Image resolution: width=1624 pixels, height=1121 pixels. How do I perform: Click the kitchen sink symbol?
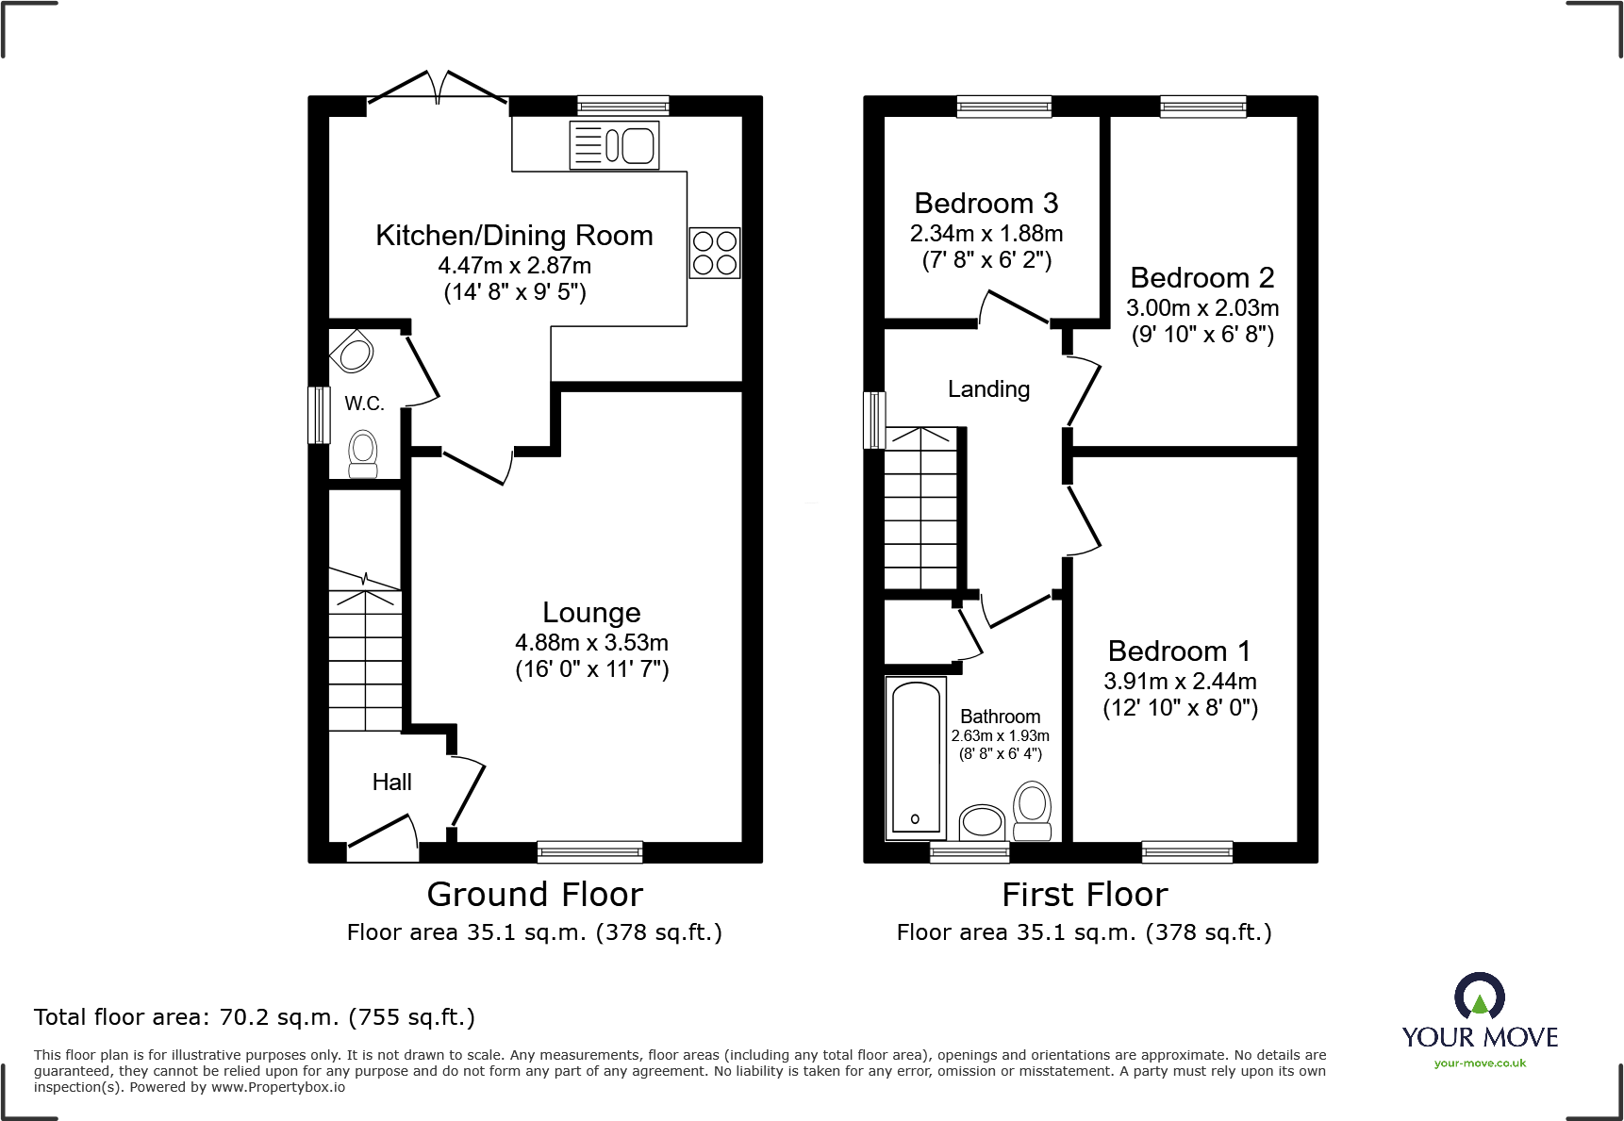coord(614,146)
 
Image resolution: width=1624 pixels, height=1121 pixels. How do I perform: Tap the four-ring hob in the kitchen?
coord(714,253)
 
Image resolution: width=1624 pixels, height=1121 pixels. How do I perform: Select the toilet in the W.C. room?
coord(363,454)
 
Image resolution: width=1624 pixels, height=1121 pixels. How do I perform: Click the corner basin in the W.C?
coord(354,354)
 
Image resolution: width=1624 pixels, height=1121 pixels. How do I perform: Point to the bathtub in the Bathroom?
coord(916,757)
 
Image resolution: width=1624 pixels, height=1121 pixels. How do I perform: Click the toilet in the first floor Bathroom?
coord(1033,811)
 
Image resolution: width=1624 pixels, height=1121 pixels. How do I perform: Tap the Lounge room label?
coord(591,613)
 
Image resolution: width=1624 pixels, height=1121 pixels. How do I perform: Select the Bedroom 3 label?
coord(986,204)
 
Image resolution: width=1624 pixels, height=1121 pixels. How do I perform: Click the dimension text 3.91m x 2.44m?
coord(1180,682)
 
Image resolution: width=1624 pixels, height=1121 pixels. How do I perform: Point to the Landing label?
coord(988,389)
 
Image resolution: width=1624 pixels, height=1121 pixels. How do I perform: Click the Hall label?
coord(391,783)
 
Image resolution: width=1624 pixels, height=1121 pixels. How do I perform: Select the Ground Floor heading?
coord(534,894)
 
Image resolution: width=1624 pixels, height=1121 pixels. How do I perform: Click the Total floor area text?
coord(254,1017)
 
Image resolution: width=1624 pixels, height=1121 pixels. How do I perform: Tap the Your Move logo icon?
coord(1479,997)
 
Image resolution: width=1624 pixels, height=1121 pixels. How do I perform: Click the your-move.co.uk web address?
coord(1479,1063)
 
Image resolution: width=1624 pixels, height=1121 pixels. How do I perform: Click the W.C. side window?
coord(320,414)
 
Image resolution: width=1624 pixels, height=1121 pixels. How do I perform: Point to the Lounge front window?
coord(589,852)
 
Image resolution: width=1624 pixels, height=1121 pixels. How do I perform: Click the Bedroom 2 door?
coord(1084,392)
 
